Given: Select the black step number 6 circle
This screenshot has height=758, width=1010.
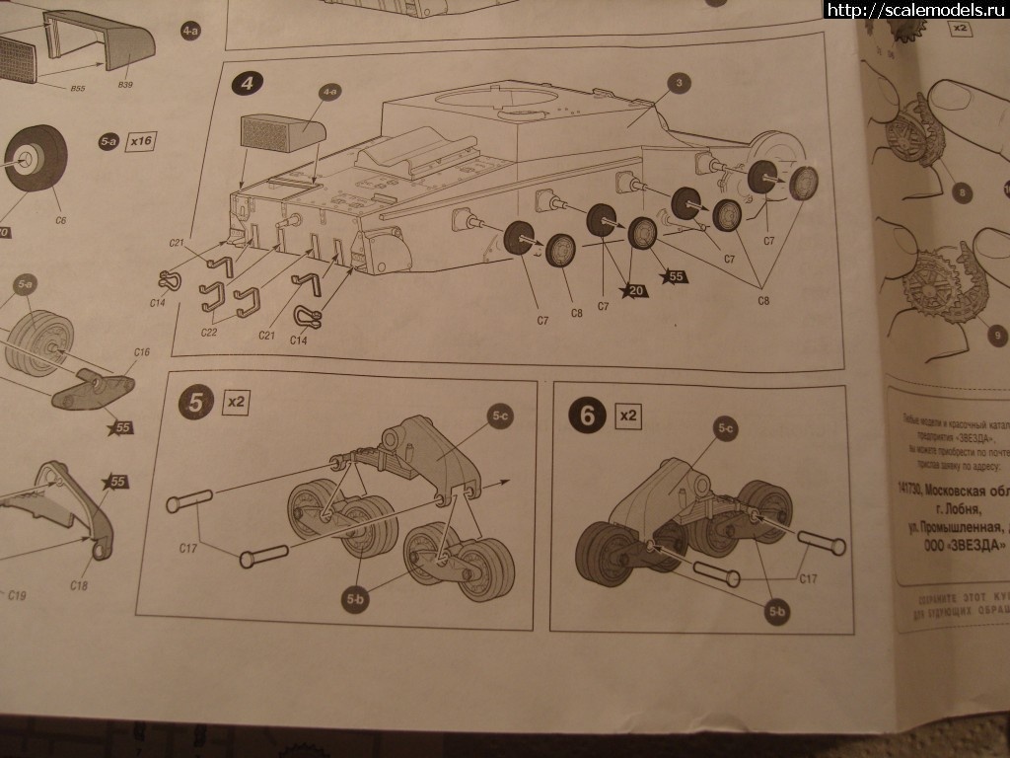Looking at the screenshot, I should (588, 416).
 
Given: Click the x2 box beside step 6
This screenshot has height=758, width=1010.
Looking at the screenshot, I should (627, 416).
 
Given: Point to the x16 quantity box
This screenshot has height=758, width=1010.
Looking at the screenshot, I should (142, 141).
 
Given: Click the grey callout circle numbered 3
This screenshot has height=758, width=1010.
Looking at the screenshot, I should (678, 84).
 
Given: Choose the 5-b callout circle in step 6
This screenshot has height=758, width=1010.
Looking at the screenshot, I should (777, 613).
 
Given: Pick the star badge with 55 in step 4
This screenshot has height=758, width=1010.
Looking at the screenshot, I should (676, 277).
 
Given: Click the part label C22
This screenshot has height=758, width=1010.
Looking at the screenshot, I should (209, 332).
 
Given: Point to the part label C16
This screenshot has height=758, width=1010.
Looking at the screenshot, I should (141, 352).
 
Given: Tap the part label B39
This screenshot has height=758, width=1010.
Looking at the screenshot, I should (125, 86).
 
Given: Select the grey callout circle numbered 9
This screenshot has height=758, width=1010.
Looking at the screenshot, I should (997, 337).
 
